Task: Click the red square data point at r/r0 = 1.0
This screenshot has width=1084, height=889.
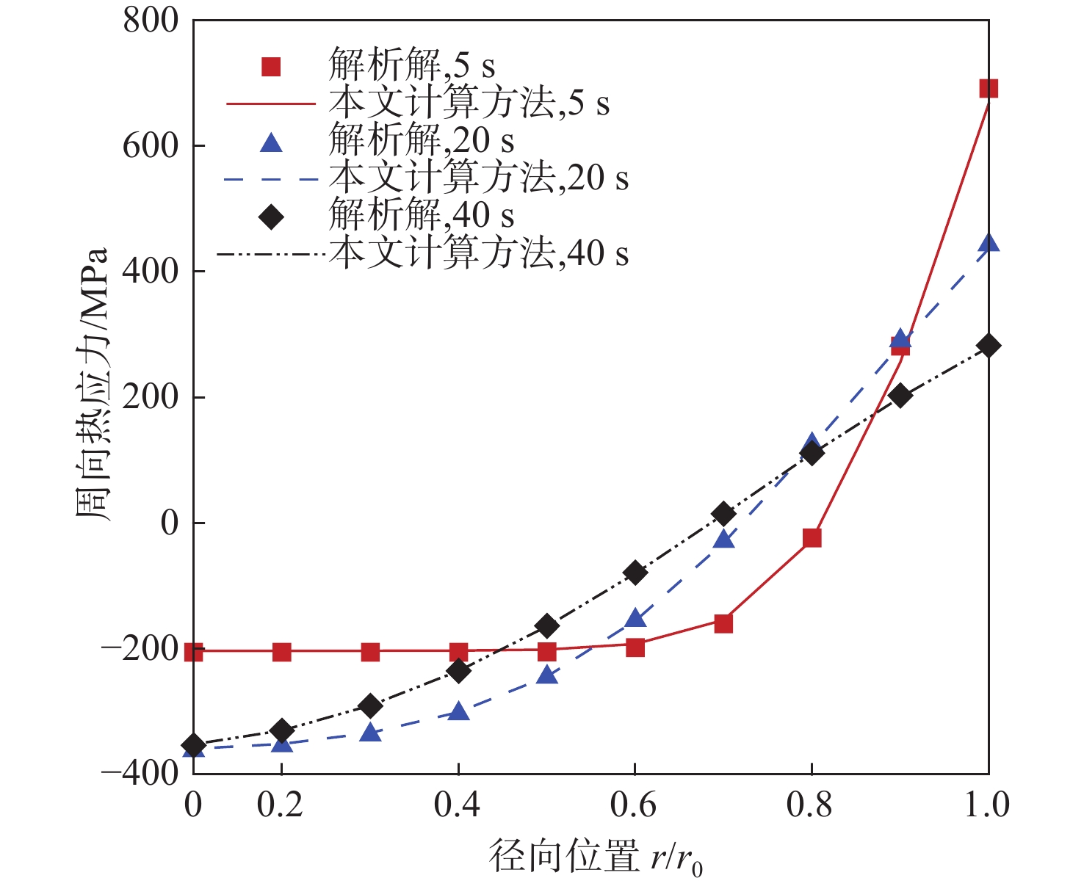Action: (989, 89)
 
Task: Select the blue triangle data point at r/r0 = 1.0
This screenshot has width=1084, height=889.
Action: (989, 243)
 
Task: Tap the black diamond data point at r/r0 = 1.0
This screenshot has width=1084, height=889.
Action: (989, 346)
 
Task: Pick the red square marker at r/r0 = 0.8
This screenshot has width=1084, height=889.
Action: (812, 538)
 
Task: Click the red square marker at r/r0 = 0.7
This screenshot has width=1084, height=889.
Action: (723, 624)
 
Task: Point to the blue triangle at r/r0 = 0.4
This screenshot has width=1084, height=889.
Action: (458, 711)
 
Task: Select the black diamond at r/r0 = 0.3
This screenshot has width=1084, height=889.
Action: (370, 706)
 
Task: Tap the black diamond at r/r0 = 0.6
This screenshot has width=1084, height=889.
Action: (635, 573)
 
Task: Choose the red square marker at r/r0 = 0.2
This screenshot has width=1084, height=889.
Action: (282, 652)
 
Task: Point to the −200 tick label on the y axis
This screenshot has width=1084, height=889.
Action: (140, 649)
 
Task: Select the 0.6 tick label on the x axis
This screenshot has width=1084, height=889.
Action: (633, 805)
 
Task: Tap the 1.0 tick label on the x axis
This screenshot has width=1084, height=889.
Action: (986, 805)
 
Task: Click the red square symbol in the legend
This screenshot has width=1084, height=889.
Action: (272, 68)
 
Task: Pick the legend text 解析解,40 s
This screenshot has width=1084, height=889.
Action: (421, 216)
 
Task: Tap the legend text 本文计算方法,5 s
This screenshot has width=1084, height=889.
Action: (469, 104)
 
